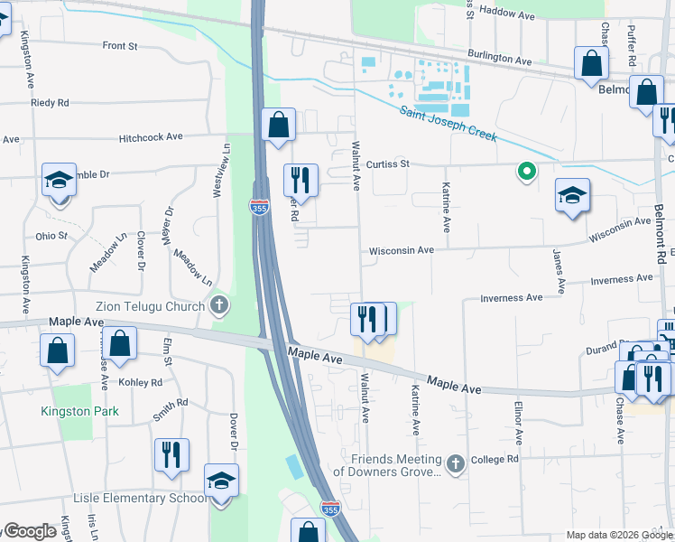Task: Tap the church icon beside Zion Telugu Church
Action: click(x=219, y=306)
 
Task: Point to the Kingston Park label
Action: click(x=79, y=411)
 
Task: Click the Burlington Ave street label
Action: click(x=499, y=58)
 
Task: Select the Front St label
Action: click(x=119, y=45)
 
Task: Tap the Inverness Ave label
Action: click(x=511, y=297)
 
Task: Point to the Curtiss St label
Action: click(x=389, y=164)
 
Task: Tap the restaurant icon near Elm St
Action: click(x=171, y=455)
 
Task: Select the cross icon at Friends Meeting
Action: click(x=456, y=464)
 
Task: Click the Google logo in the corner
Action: click(x=29, y=531)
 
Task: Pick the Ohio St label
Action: click(x=51, y=236)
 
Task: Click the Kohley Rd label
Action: click(x=144, y=383)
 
